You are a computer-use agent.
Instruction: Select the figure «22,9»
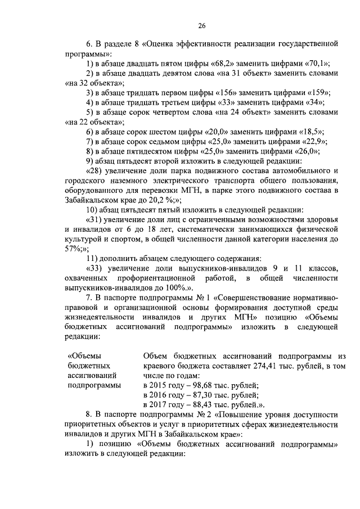click(315, 142)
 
